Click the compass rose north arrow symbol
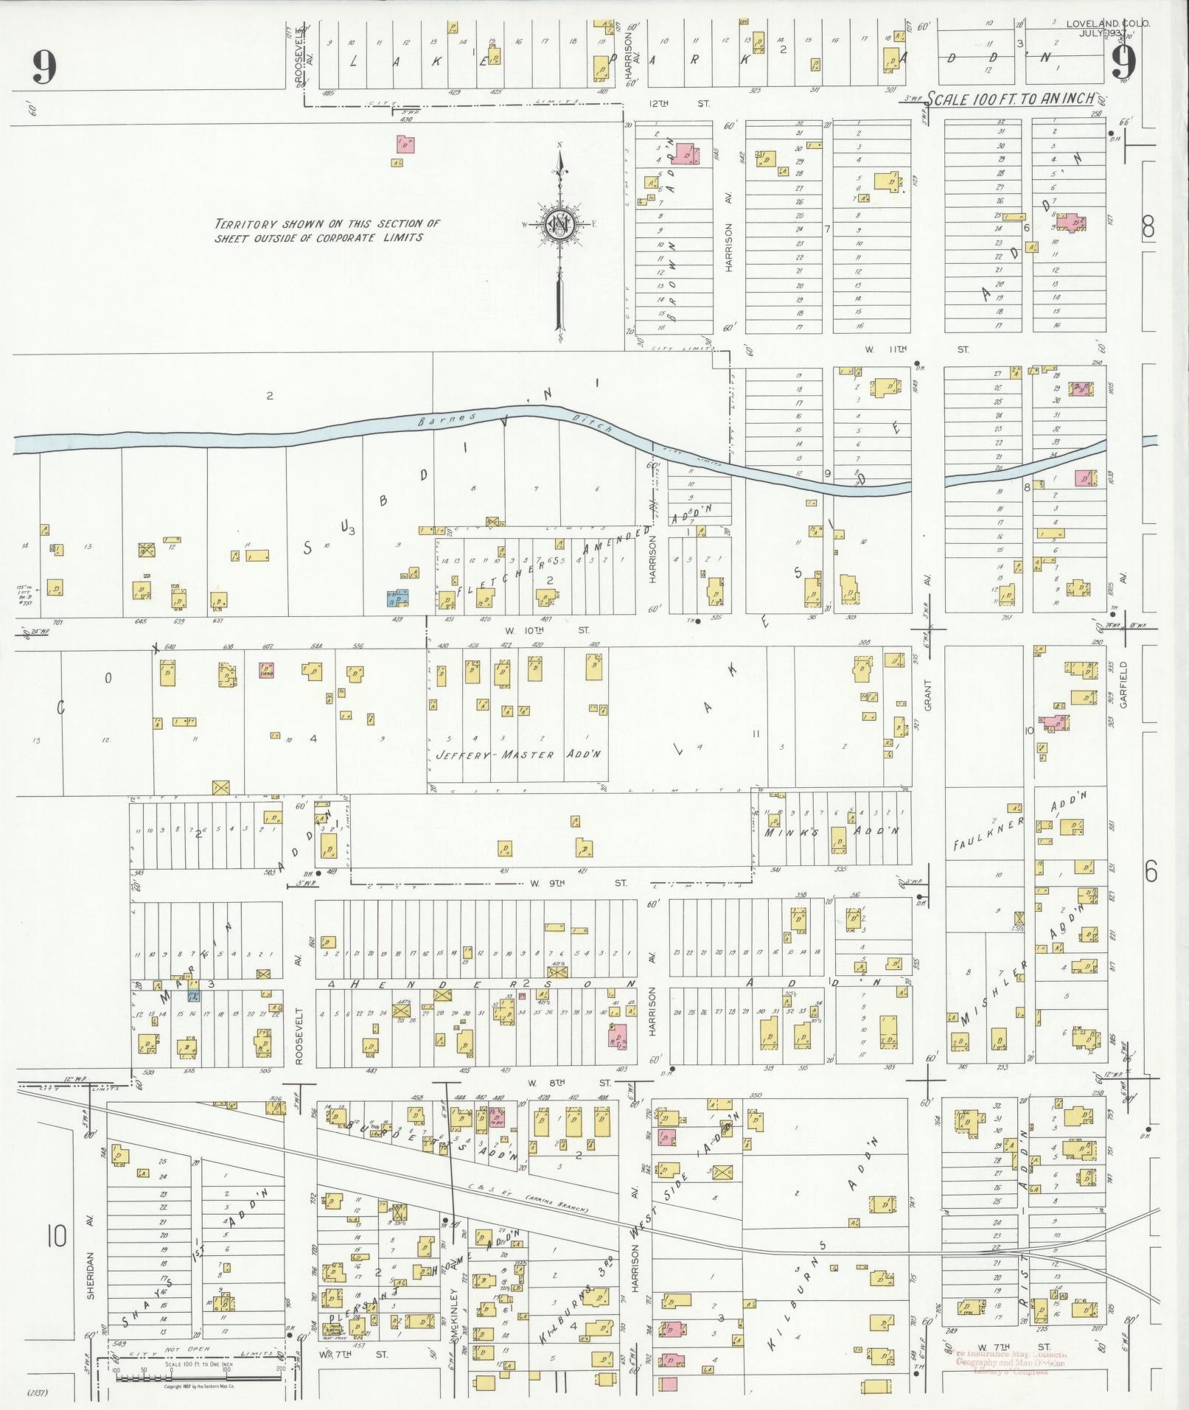(x=560, y=221)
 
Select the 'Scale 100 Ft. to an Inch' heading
(x=1010, y=98)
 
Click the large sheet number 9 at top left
(x=44, y=68)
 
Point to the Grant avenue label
(x=928, y=695)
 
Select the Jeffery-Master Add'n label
(x=519, y=755)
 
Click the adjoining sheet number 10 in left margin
(x=56, y=1236)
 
